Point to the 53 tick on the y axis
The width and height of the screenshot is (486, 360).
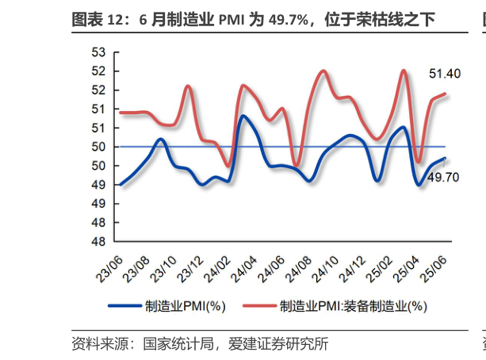tap(99, 53)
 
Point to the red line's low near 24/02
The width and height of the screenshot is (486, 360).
tap(228, 166)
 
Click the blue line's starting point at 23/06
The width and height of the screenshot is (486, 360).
tap(118, 185)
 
